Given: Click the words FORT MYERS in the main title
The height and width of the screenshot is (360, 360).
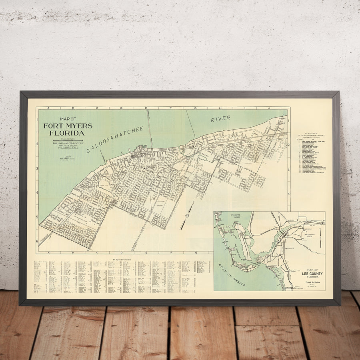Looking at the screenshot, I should (x=68, y=126).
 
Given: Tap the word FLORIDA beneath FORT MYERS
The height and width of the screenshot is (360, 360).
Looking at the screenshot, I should (x=67, y=133).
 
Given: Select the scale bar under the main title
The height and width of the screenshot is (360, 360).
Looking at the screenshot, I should (x=68, y=140).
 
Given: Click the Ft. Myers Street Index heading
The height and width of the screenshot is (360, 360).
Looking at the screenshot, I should (x=125, y=260).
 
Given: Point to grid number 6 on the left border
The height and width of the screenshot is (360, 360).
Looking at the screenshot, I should (x=37, y=241).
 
